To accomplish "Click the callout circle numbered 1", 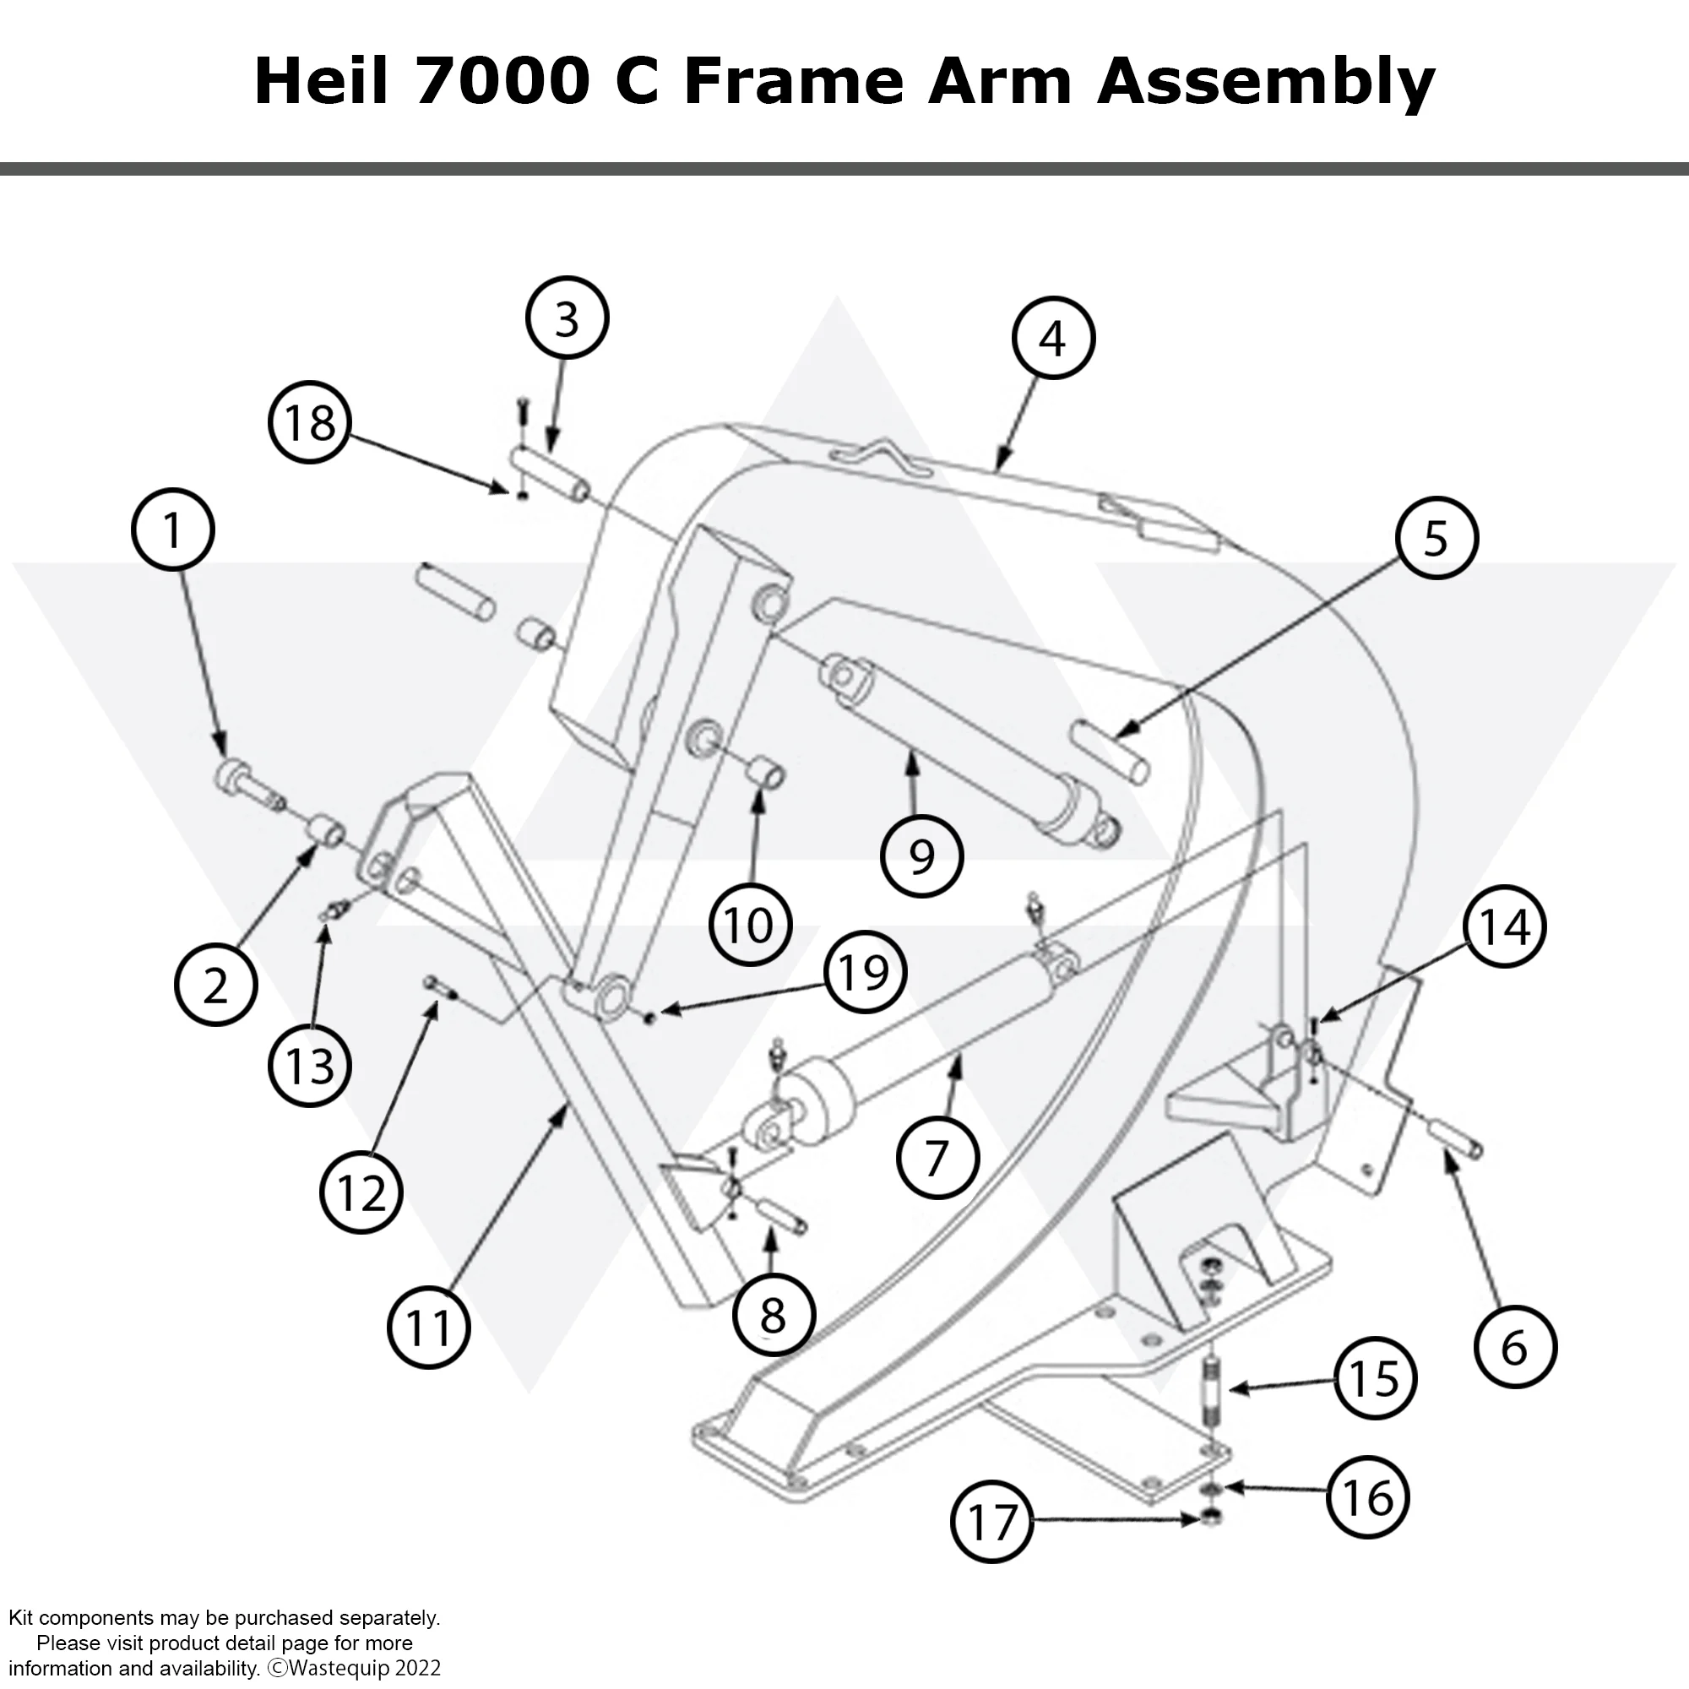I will pos(173,530).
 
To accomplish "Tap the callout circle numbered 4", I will pos(1052,338).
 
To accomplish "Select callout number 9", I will pos(921,855).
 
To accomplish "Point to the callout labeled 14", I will pos(1504,926).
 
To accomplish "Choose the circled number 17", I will pos(991,1521).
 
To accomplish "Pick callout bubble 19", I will pos(864,971).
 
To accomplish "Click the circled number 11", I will pos(428,1328).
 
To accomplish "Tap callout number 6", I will pos(1514,1346).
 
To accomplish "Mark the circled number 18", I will pos(309,423).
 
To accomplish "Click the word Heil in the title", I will pos(320,82).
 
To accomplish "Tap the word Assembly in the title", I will pos(1266,82).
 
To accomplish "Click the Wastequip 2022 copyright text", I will pos(354,1667).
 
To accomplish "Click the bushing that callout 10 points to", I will pos(767,773).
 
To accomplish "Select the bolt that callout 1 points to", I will pos(245,784).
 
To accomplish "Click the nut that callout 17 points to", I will pos(1212,1519).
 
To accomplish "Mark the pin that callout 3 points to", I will pos(550,470).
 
